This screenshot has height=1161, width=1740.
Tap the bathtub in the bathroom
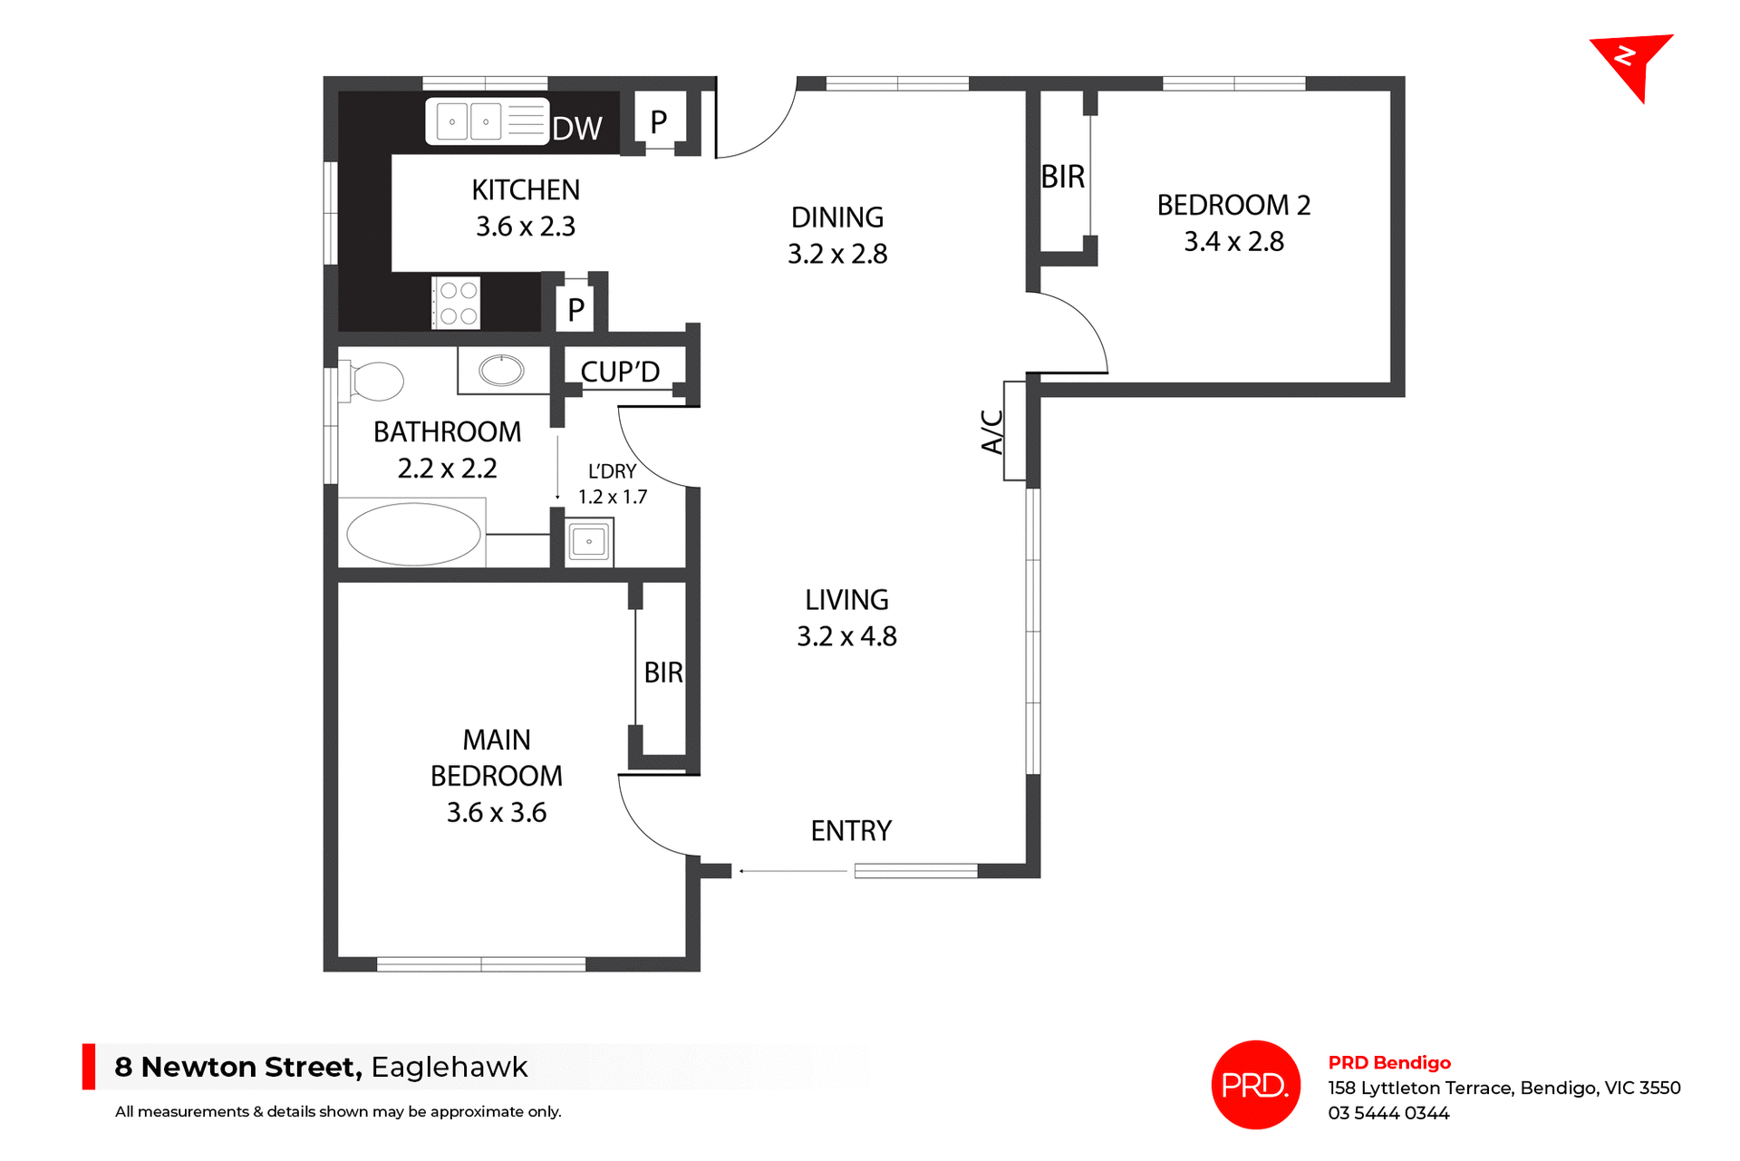click(413, 535)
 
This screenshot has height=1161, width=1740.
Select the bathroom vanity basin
click(501, 370)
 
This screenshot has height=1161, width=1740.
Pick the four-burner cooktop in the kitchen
click(457, 304)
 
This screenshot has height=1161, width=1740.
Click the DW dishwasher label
click(577, 129)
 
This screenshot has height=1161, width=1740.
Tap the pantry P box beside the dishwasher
click(659, 121)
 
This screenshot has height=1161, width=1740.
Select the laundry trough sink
click(589, 542)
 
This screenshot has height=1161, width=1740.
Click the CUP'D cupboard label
click(620, 372)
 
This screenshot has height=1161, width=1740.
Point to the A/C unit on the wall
click(1014, 431)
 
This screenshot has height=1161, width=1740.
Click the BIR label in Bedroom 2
click(1062, 177)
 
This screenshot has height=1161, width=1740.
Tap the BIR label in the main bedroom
click(662, 672)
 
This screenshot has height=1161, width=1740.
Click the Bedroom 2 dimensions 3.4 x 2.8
click(1233, 242)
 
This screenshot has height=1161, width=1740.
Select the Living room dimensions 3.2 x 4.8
click(846, 636)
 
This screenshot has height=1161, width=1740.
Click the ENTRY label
click(851, 830)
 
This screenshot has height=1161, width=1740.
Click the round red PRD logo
click(1255, 1085)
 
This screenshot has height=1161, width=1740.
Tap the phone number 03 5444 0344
click(1388, 1113)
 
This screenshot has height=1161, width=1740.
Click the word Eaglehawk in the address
click(449, 1067)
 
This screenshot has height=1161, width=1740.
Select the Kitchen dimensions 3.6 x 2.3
click(526, 227)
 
